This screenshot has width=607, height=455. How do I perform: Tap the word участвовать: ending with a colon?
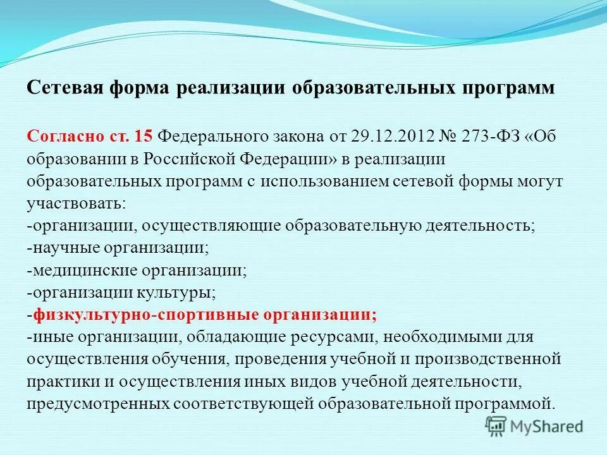[x=77, y=204]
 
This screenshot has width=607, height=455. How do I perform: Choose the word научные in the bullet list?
[x=61, y=248]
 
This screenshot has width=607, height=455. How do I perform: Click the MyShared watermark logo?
[x=534, y=426]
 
